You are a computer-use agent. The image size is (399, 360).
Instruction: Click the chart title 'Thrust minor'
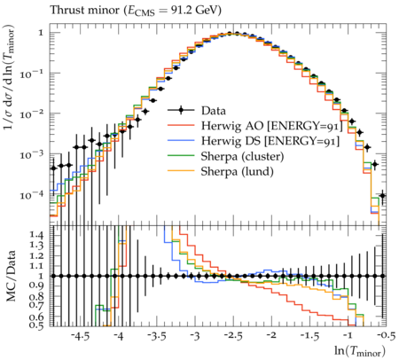pyautogui.click(x=84, y=11)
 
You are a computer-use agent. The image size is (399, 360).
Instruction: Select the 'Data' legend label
pyautogui.click(x=214, y=111)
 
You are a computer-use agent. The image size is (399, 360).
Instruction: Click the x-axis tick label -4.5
pyautogui.click(x=81, y=336)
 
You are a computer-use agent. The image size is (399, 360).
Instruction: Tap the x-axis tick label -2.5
pyautogui.click(x=233, y=336)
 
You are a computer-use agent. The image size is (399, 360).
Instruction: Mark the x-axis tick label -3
pyautogui.click(x=195, y=336)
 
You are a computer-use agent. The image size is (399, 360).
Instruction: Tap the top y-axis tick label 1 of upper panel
pyautogui.click(x=41, y=33)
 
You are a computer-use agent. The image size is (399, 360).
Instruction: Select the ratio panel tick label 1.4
pyautogui.click(x=36, y=235)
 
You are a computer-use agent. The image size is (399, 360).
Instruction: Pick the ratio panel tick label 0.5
pyautogui.click(x=36, y=325)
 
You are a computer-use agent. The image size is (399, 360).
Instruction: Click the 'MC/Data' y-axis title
pyautogui.click(x=11, y=276)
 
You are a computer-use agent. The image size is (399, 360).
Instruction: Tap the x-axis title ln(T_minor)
pyautogui.click(x=360, y=351)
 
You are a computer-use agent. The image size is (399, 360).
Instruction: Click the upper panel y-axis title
pyautogui.click(x=10, y=78)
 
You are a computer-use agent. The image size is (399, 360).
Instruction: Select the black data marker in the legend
pyautogui.click(x=181, y=111)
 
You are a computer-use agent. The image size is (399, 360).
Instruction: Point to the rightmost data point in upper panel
pyautogui.click(x=382, y=195)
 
